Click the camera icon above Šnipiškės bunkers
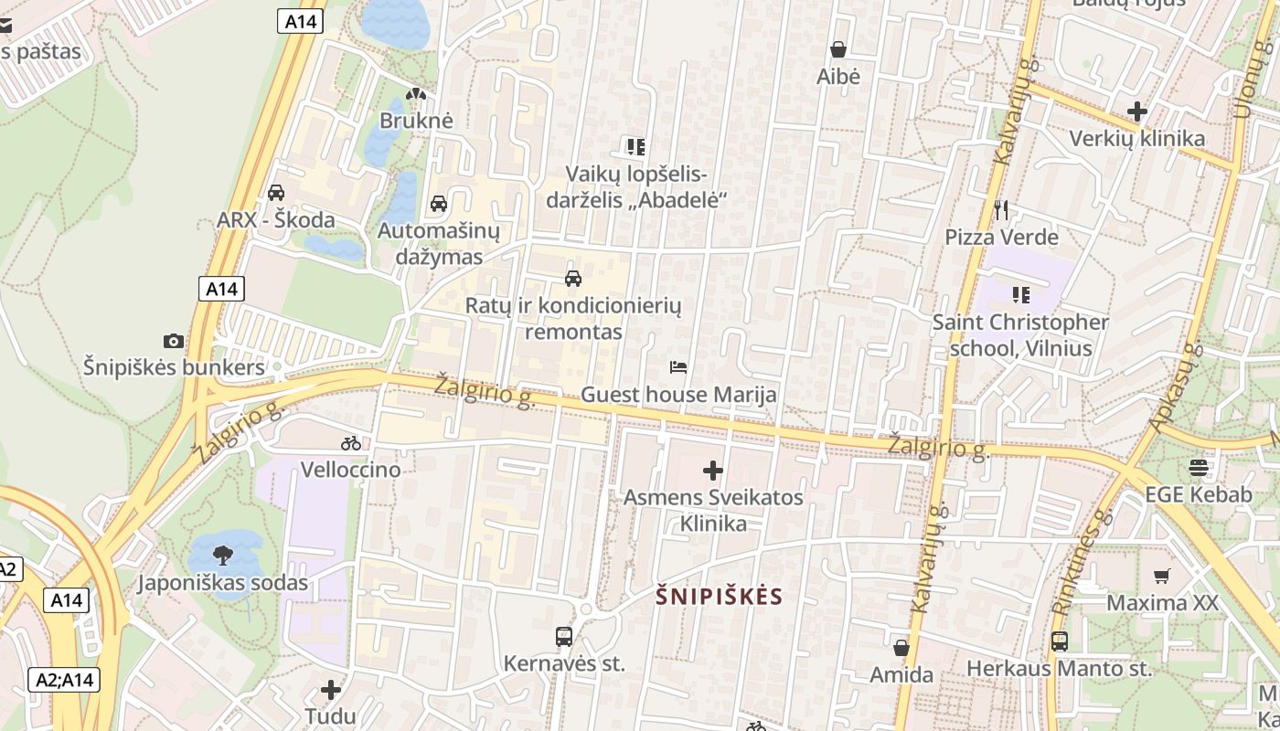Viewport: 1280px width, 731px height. pyautogui.click(x=173, y=341)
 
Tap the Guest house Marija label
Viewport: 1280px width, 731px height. pyautogui.click(x=678, y=395)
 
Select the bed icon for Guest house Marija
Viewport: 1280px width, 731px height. pyautogui.click(x=678, y=367)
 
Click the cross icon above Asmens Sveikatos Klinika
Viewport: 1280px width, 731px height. pyautogui.click(x=713, y=471)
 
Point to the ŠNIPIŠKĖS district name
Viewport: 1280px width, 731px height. pyautogui.click(x=720, y=597)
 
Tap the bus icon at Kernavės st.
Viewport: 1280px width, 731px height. pyautogui.click(x=564, y=637)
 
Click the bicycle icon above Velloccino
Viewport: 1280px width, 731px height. pyautogui.click(x=351, y=443)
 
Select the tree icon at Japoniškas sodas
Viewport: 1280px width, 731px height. pyautogui.click(x=222, y=555)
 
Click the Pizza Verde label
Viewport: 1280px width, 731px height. pyautogui.click(x=1001, y=238)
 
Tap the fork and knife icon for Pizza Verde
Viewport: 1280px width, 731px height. pyautogui.click(x=1001, y=211)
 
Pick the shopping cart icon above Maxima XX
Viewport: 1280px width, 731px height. pyautogui.click(x=1162, y=576)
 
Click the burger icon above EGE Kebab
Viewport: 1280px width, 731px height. pyautogui.click(x=1199, y=468)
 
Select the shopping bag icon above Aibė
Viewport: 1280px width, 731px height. pyautogui.click(x=837, y=49)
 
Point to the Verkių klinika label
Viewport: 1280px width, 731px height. pyautogui.click(x=1137, y=139)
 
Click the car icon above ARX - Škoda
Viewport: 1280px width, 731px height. pyautogui.click(x=275, y=193)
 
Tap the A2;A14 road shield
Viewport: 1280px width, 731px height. pyautogui.click(x=64, y=680)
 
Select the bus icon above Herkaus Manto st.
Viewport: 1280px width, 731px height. pyautogui.click(x=1059, y=641)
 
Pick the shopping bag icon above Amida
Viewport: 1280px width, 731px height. pyautogui.click(x=901, y=648)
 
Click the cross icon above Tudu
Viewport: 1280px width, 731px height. pyautogui.click(x=331, y=689)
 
